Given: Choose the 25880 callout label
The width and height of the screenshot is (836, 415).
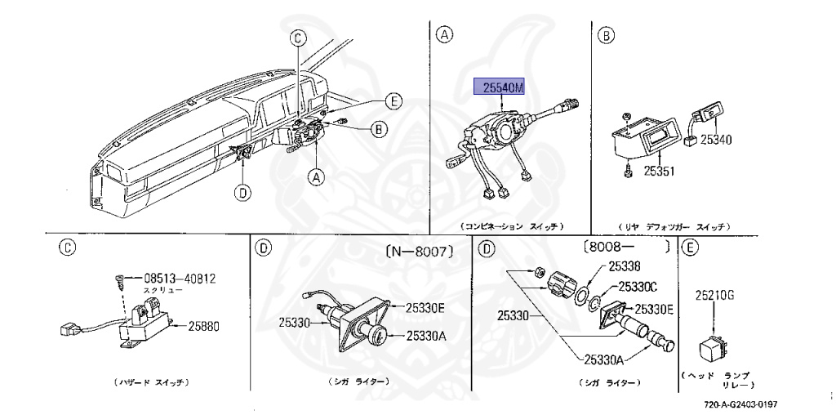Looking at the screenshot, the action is pos(193,325).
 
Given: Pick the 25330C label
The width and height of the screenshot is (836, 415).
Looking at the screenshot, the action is pos(638,286).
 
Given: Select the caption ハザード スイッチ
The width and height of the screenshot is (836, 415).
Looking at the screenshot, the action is pos(152,382).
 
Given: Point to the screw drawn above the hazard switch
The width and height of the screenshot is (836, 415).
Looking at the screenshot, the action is pos(118,282).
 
